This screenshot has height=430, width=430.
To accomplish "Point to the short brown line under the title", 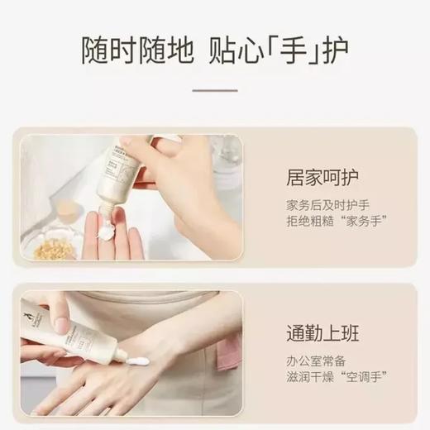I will (214, 91).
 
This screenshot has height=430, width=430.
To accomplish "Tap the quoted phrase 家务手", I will (355, 223).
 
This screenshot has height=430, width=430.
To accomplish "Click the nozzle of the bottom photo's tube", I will (118, 354).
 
